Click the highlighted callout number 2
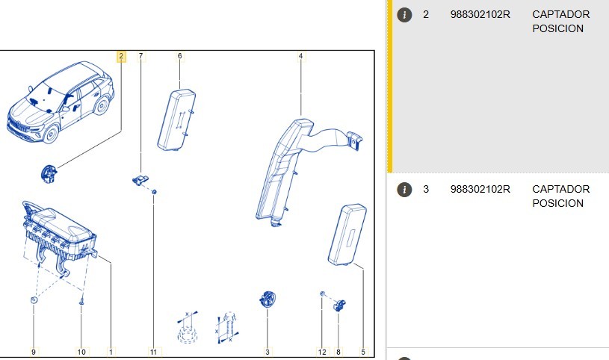121,57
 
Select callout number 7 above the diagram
140,56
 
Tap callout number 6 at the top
180,56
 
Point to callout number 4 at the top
300,56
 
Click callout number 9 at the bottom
34,352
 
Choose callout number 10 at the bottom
81,352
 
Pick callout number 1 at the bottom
111,352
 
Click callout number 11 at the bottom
153,352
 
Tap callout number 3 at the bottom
268,352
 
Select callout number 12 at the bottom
322,352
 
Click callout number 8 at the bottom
338,352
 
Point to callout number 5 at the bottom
363,352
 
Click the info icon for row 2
404,15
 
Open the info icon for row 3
404,190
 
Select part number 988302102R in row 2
480,15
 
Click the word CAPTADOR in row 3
561,189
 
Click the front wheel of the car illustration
51,134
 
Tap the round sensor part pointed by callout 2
49,173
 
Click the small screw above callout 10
81,301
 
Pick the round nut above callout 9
34,300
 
